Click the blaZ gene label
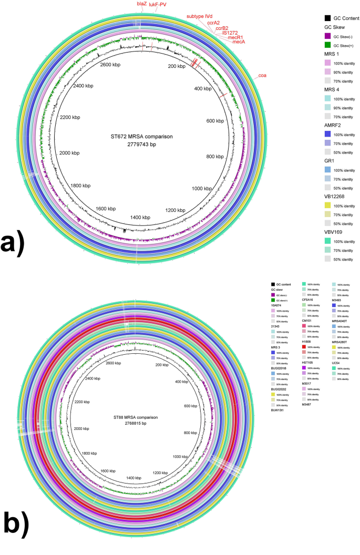[142, 4]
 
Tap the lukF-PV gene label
[159, 4]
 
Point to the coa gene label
[262, 77]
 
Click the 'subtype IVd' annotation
[198, 16]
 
